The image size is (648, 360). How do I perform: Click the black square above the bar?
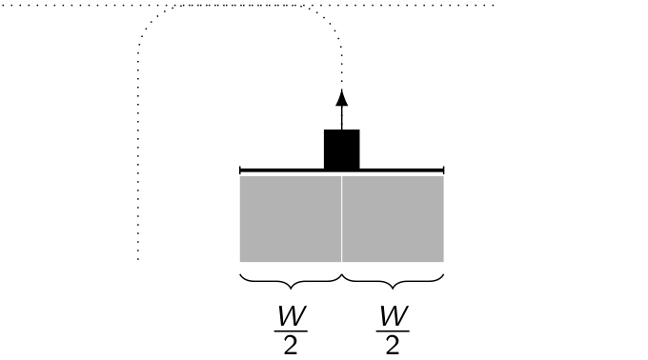click(x=341, y=149)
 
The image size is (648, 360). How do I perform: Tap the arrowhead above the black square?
click(x=341, y=97)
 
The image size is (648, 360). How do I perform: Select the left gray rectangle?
click(x=290, y=218)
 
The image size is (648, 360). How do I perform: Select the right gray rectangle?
click(x=393, y=218)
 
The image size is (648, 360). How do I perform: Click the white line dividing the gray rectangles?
click(x=341, y=218)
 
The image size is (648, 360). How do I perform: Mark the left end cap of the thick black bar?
click(x=240, y=170)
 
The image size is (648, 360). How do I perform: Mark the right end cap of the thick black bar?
click(x=443, y=170)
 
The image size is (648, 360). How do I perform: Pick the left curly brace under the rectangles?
click(x=290, y=281)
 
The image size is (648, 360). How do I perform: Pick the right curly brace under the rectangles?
click(x=393, y=281)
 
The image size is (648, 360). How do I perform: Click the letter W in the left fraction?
click(x=290, y=313)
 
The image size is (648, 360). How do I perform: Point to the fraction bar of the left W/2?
click(x=290, y=328)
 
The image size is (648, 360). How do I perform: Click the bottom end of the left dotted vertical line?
click(x=138, y=258)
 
